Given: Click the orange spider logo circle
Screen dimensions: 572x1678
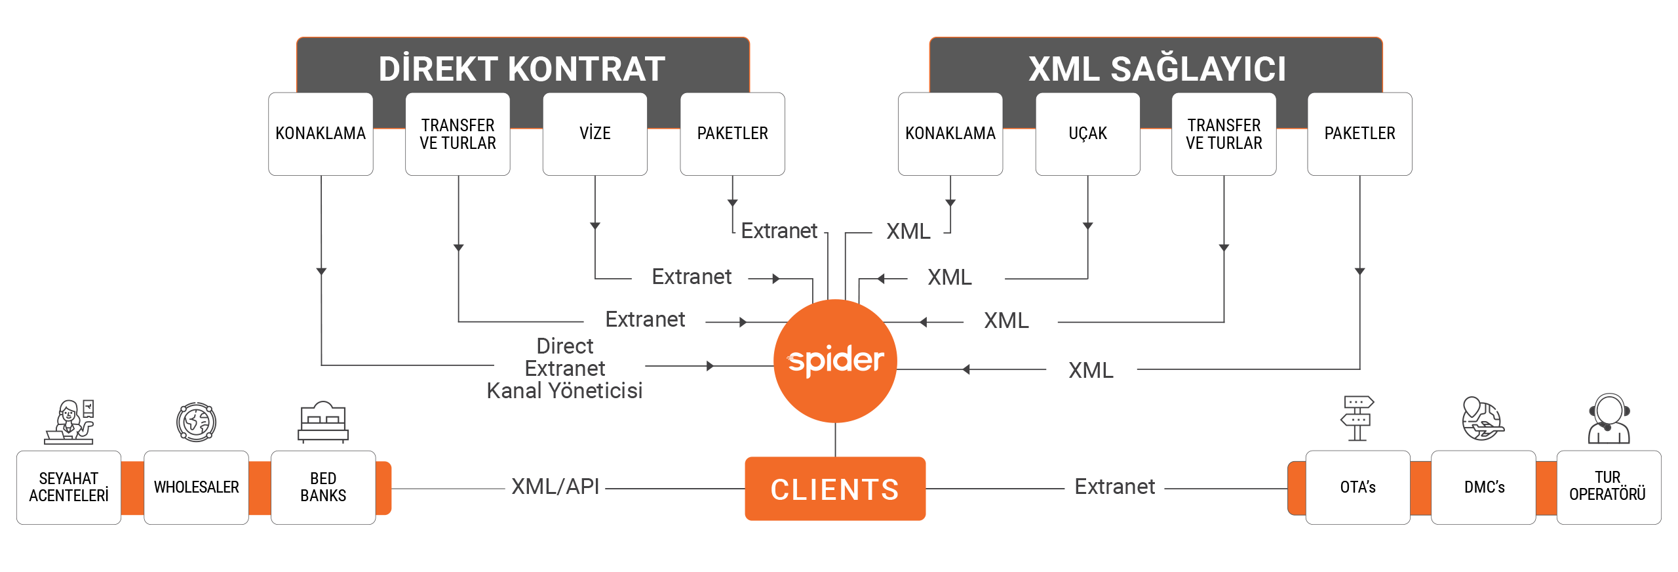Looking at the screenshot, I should [835, 360].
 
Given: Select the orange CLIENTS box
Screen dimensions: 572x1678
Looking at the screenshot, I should [835, 489].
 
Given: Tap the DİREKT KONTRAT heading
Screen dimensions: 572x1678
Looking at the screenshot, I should [522, 69].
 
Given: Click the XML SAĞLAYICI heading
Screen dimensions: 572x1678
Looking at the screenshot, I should [1157, 69].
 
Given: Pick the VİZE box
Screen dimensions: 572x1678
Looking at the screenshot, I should [595, 134].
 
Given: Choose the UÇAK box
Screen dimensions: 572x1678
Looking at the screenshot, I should [1087, 134].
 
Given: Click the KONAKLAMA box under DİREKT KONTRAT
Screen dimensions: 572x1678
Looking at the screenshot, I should [321, 134].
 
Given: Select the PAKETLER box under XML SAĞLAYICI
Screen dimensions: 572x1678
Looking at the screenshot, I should [1359, 134].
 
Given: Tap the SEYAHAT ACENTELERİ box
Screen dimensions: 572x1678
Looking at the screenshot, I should [69, 487].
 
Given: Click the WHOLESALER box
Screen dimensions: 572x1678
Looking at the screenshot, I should [196, 487].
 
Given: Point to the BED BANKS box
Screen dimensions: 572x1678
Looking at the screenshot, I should [323, 487].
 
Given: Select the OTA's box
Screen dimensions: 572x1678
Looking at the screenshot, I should [1357, 487].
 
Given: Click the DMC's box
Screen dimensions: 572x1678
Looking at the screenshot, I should [1484, 487].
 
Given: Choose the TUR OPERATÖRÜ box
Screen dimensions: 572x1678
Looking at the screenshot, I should [1608, 487].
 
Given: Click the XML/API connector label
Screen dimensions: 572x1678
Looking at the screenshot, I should [555, 486].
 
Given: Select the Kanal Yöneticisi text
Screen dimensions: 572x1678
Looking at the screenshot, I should [564, 391].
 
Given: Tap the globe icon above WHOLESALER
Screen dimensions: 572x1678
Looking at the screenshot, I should [196, 421].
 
